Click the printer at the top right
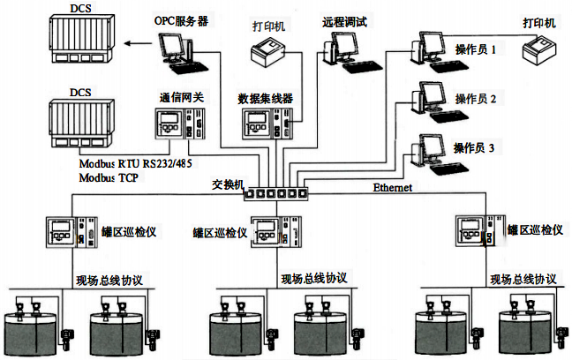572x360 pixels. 538,53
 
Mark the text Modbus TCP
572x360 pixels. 110,177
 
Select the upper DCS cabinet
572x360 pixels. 79,41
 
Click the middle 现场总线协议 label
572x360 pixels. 313,279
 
